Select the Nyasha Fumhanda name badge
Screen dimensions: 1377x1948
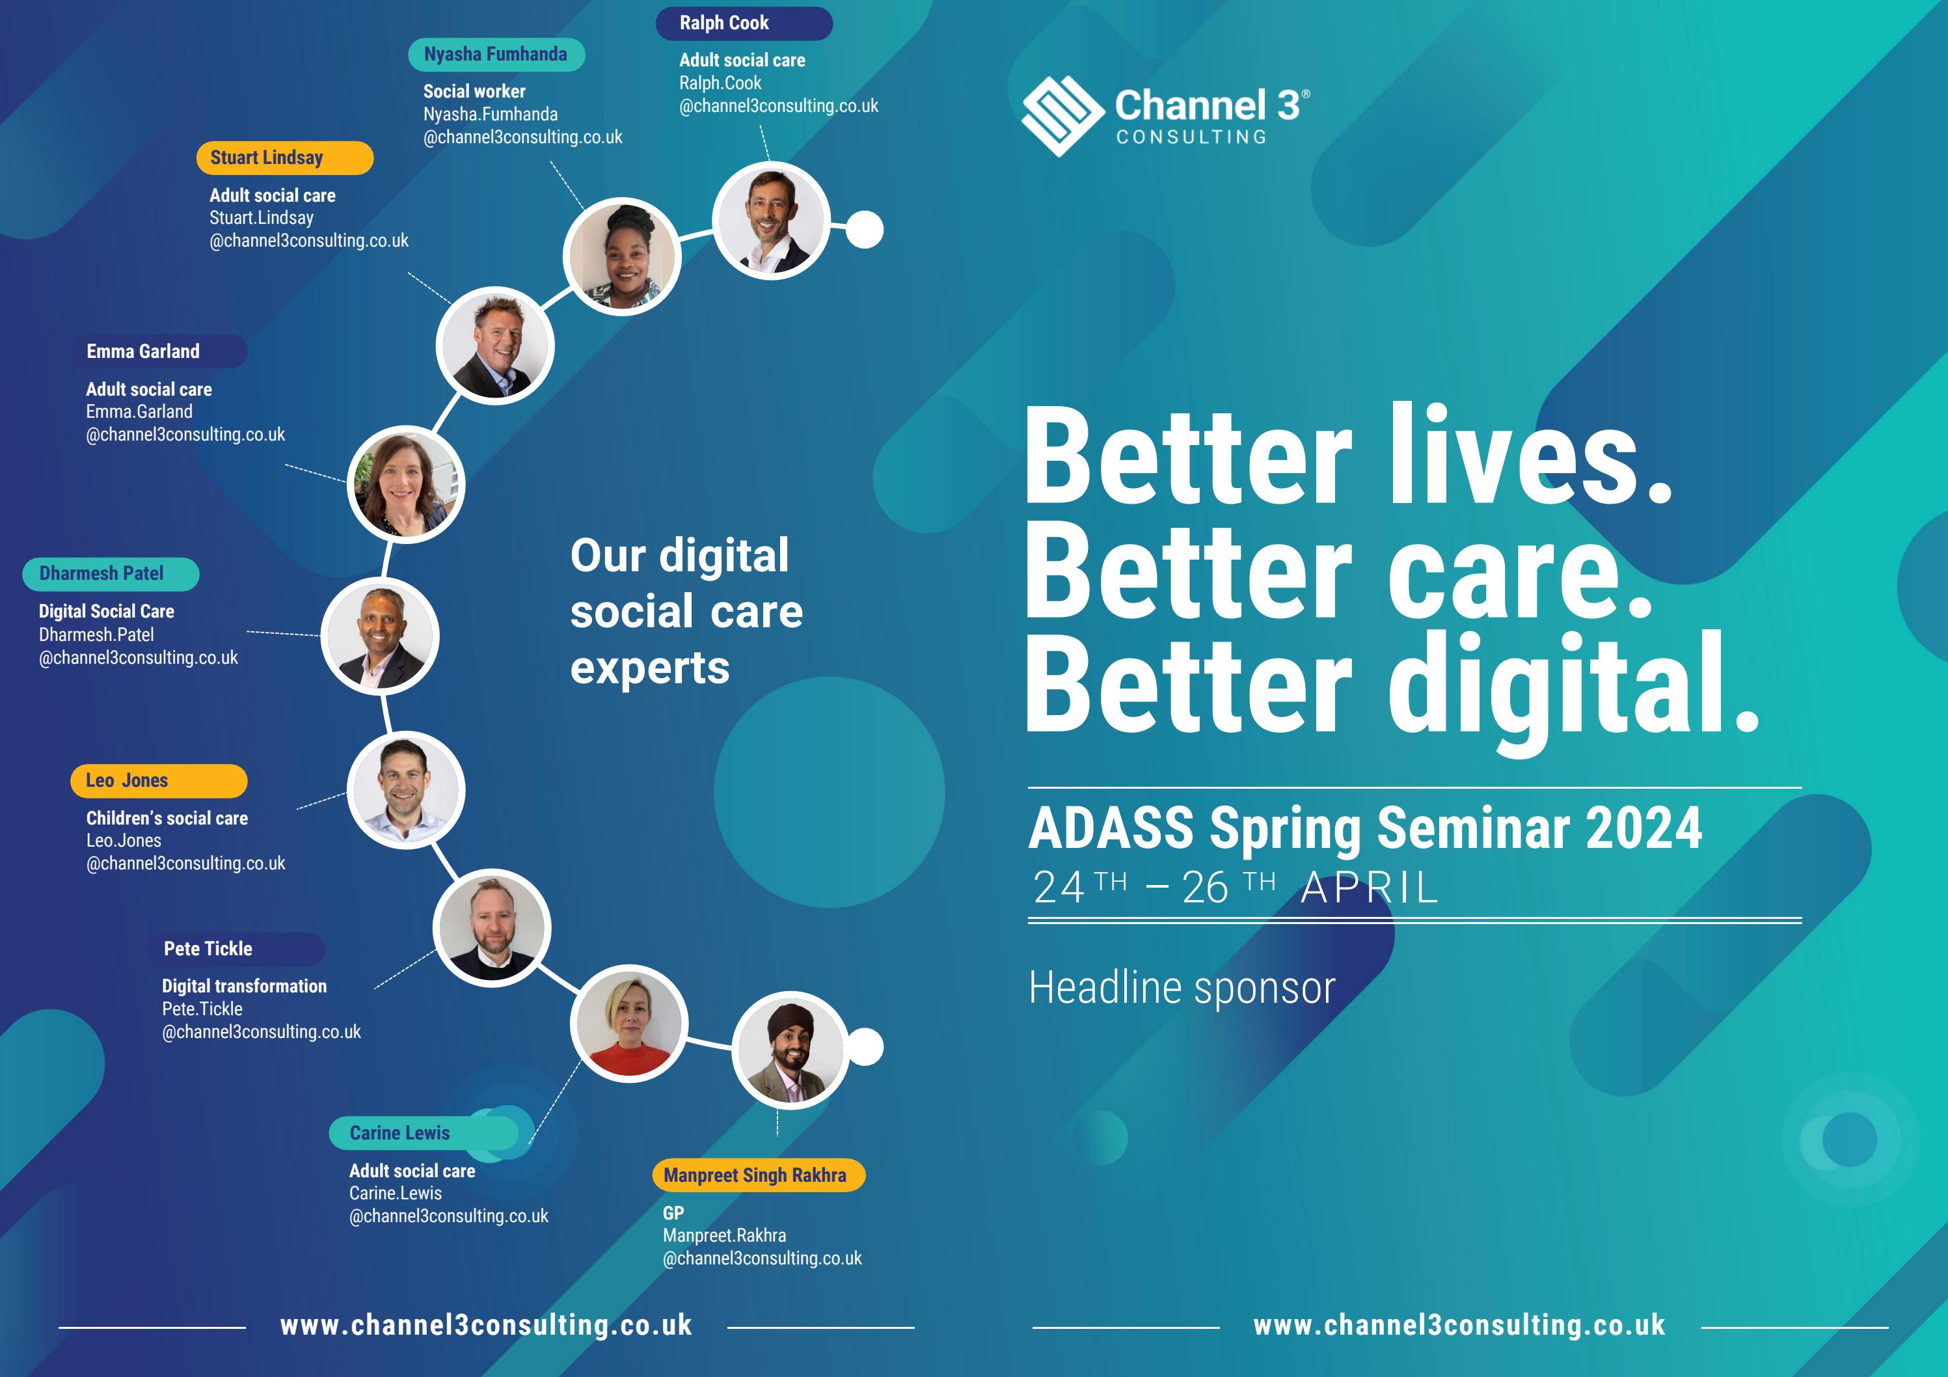496,54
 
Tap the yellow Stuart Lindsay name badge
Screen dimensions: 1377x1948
284,157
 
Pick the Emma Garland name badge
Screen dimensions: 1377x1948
161,351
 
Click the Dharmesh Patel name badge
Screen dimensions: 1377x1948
111,573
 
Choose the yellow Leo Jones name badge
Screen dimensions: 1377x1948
158,780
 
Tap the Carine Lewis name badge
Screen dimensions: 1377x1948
422,1133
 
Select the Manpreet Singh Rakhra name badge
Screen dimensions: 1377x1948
757,1175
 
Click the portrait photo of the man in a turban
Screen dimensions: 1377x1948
790,1050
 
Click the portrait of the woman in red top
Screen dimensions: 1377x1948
629,1023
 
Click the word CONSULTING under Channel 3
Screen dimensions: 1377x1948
1191,137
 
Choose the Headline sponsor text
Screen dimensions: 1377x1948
1182,988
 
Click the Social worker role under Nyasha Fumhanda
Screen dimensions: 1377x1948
474,92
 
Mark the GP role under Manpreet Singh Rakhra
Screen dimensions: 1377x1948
673,1213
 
